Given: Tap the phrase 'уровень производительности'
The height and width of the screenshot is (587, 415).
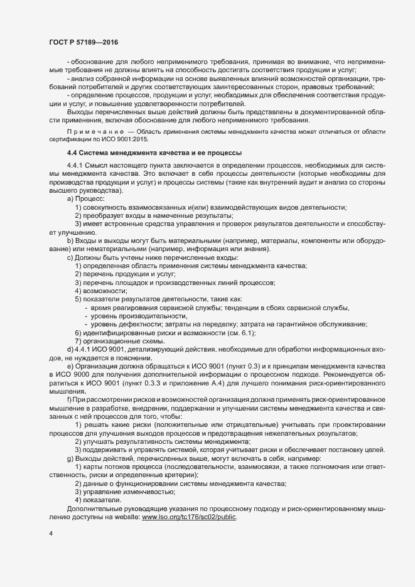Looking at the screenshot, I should (x=130, y=316).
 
